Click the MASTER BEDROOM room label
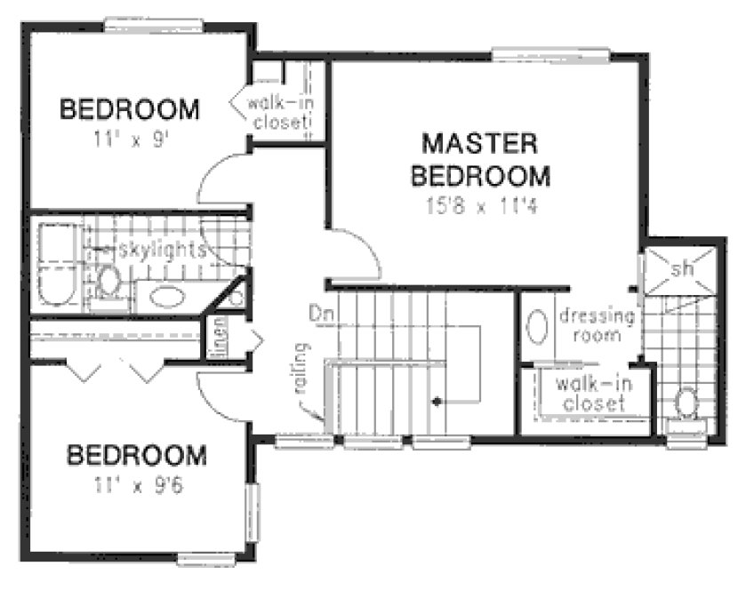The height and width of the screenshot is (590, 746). point(479,158)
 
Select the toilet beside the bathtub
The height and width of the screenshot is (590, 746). point(109,280)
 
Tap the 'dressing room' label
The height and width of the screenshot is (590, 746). point(595,326)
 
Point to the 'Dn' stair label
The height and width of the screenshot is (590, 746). point(320,313)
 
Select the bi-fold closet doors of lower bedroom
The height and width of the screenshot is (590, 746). point(115,370)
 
